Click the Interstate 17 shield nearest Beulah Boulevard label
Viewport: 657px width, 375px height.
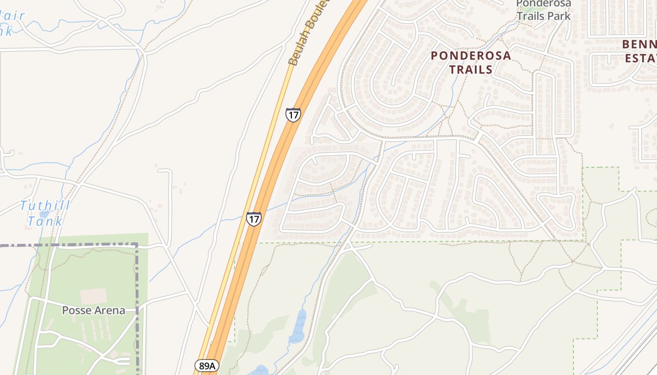coord(293,115)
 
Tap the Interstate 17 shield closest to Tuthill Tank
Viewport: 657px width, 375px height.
coord(253,219)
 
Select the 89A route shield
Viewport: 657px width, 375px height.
coord(206,366)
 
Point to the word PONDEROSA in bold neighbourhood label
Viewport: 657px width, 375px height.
coord(471,55)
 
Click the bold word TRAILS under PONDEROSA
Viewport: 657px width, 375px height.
coord(471,70)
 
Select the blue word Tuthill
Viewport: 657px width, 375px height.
coord(45,205)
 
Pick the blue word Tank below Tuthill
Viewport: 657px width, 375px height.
coord(45,221)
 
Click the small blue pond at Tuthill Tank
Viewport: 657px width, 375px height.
coord(44,214)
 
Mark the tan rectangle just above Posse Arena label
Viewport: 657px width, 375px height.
coord(93,296)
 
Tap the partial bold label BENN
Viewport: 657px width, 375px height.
coord(639,45)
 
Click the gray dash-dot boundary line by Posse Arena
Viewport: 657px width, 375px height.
coord(137,281)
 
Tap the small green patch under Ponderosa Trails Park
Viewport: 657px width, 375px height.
coord(533,6)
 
